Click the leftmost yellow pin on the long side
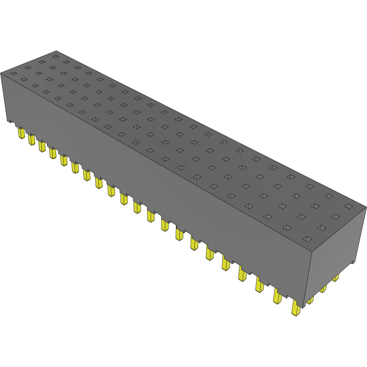pos(21,132)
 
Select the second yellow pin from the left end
pos(31,139)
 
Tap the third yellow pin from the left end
pos(42,146)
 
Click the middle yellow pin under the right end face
pos(323,289)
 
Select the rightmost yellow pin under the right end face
pos(335,278)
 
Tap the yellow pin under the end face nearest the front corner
pos(310,300)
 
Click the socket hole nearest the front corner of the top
pos(307,239)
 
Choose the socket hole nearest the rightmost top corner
pos(348,206)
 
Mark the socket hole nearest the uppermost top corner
pos(55,56)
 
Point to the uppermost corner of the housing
pos(56,50)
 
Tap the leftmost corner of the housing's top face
pos(1,72)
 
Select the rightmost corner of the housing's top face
pos(366,208)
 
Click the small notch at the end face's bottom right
pos(353,263)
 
